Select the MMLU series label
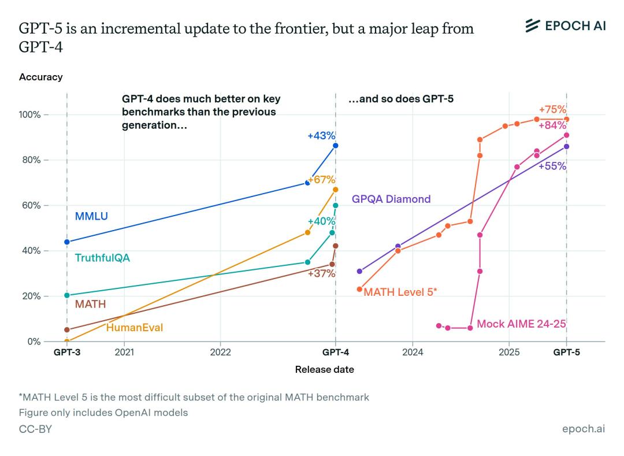coord(91,217)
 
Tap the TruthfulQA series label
coord(102,258)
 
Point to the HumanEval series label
coord(134,328)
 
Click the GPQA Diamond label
coord(391,199)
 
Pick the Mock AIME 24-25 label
coord(521,324)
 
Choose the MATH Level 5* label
coord(400,292)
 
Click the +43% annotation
coord(321,136)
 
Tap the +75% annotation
coord(552,110)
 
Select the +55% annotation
coord(552,166)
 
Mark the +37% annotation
coord(321,273)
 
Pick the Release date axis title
coord(324,369)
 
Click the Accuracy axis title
coord(40,77)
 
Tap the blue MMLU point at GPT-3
coord(67,242)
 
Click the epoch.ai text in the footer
coord(584,429)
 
